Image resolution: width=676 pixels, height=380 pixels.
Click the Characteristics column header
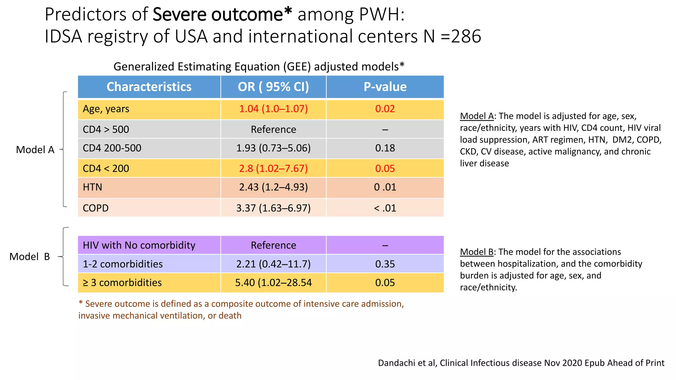(x=149, y=87)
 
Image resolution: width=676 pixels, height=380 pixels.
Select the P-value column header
(x=385, y=87)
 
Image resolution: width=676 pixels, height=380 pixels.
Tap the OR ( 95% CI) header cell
(x=273, y=87)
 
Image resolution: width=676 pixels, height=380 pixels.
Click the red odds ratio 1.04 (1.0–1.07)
(x=273, y=109)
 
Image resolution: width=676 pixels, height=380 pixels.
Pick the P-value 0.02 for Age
(x=385, y=109)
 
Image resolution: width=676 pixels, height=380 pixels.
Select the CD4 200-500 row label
(x=112, y=148)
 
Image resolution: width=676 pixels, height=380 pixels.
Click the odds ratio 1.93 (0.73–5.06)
(x=273, y=148)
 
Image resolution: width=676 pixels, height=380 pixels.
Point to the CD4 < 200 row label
(x=106, y=169)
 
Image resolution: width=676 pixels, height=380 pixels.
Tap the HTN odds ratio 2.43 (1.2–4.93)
(x=273, y=187)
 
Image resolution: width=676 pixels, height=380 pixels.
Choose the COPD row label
(x=96, y=208)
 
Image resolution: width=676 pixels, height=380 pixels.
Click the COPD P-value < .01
(x=385, y=208)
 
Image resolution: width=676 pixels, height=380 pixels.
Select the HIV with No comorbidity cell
(x=139, y=245)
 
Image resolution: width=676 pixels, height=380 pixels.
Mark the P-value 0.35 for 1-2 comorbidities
(x=385, y=264)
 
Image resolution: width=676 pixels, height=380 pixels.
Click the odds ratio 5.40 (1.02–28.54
(x=273, y=283)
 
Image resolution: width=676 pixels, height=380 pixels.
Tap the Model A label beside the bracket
(x=35, y=150)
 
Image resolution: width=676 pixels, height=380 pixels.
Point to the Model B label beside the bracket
(x=29, y=257)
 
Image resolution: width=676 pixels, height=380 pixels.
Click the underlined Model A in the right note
(x=477, y=116)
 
